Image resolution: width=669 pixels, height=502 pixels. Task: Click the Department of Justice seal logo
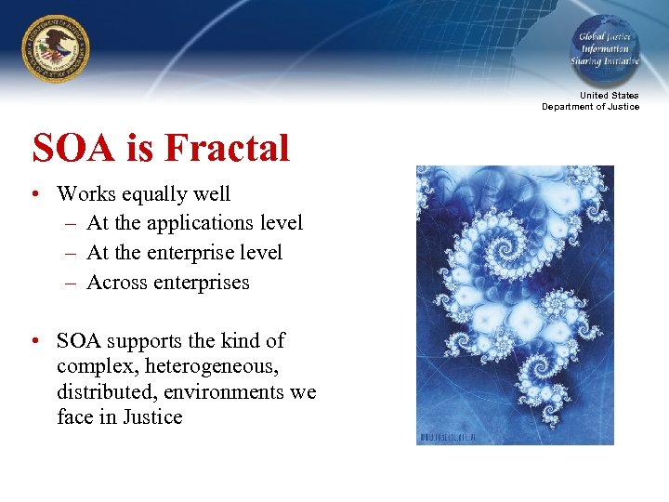coord(56,48)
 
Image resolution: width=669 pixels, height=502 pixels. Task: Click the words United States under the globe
coord(609,96)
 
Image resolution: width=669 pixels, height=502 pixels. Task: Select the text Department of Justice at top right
coord(591,107)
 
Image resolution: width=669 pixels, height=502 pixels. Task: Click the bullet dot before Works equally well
coord(34,195)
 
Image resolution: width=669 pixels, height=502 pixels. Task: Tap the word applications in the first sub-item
coord(192,223)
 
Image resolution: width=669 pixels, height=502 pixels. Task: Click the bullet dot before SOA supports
coord(34,341)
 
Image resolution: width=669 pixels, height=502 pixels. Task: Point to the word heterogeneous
coord(213,366)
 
